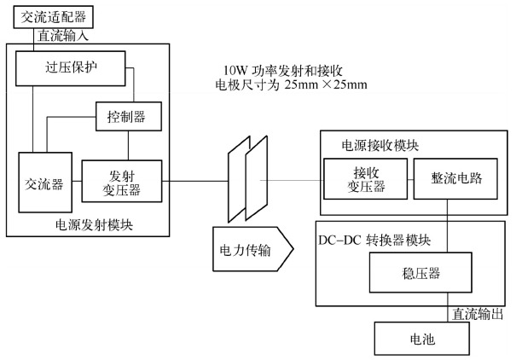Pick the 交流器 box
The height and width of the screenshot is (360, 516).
45,183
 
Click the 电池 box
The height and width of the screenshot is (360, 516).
422,339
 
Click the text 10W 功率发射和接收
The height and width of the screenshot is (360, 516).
281,69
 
